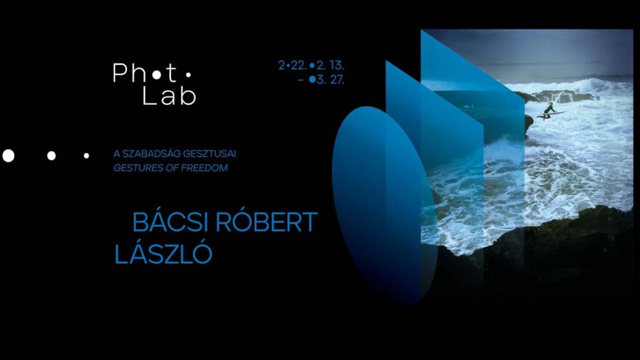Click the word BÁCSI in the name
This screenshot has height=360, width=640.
click(171, 222)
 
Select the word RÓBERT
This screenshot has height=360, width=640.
click(266, 222)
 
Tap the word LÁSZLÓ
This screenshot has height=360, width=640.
click(163, 254)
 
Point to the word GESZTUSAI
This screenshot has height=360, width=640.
click(209, 154)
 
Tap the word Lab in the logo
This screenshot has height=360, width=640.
click(169, 96)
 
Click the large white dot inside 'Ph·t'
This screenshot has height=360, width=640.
click(156, 75)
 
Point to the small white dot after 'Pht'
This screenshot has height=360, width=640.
click(187, 75)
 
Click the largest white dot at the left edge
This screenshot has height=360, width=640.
click(8, 156)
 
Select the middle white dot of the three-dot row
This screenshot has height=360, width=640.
click(51, 156)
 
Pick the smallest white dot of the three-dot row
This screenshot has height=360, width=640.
click(86, 156)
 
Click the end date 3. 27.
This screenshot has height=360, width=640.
click(330, 80)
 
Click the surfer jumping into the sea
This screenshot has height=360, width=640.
click(550, 111)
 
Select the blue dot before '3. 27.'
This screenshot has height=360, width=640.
click(312, 80)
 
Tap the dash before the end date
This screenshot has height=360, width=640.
click(301, 81)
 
